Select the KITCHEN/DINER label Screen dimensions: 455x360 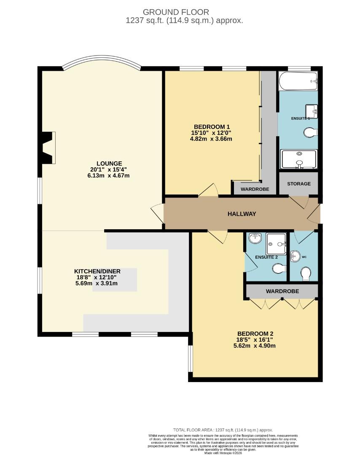96,271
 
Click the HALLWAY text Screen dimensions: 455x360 242,214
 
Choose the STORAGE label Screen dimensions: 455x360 298,184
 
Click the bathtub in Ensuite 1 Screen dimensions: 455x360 298,80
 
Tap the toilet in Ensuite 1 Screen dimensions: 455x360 311,133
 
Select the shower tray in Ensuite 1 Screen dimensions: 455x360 298,159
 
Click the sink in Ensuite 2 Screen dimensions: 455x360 255,238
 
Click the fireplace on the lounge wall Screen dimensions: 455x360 47,147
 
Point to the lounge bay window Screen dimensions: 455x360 101,62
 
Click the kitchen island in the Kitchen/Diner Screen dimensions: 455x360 122,280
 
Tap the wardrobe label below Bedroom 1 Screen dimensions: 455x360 255,190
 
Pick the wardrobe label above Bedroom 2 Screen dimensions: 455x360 282,291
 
